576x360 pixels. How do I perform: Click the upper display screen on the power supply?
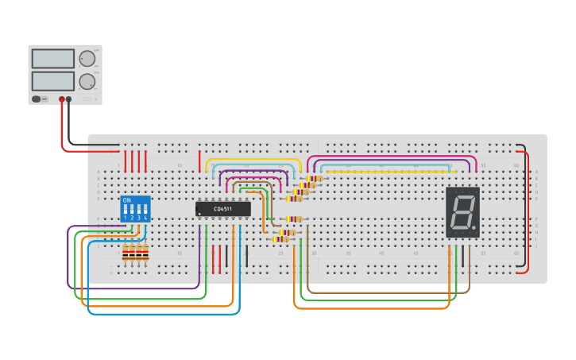click(52, 58)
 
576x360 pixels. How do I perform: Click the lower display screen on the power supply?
click(52, 81)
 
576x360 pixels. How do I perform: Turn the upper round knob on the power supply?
click(87, 58)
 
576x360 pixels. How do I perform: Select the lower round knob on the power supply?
click(87, 81)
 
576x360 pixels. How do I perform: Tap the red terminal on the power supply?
click(61, 99)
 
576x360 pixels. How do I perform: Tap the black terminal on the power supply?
click(68, 99)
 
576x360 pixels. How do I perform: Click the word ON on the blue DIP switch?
click(127, 200)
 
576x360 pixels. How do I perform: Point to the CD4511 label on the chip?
click(223, 209)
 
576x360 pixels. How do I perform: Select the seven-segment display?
click(462, 212)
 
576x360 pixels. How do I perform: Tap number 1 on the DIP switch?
click(125, 218)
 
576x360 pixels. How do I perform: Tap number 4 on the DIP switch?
click(145, 218)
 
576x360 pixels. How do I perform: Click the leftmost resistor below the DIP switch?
click(126, 253)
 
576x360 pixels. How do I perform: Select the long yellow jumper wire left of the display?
click(381, 172)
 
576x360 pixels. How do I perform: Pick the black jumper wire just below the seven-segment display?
click(463, 257)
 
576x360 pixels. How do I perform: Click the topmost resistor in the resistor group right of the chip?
click(315, 179)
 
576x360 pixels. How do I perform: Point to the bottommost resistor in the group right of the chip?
click(280, 239)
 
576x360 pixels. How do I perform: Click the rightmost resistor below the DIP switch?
click(145, 253)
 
